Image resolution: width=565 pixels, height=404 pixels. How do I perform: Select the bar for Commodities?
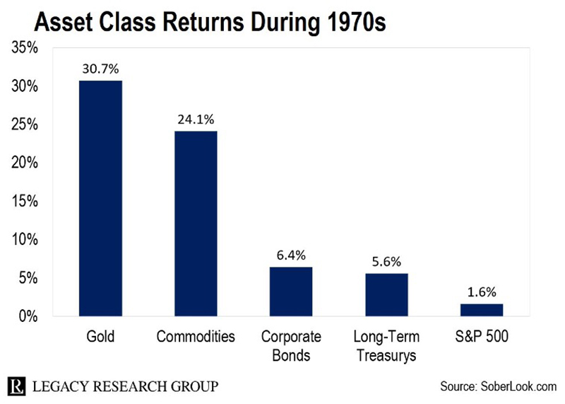196,223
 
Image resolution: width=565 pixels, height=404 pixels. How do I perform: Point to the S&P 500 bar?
482,309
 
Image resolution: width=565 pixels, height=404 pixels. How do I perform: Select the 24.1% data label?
196,119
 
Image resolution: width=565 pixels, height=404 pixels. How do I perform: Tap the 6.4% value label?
291,255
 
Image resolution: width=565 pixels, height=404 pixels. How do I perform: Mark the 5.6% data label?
386,261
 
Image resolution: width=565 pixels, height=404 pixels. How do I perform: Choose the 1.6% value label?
482,292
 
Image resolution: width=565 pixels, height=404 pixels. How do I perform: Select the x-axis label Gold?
100,336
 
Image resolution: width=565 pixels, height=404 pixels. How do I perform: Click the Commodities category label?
196,336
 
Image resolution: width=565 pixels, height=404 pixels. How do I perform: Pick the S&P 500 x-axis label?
482,336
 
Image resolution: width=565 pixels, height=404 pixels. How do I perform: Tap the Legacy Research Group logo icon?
18,386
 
